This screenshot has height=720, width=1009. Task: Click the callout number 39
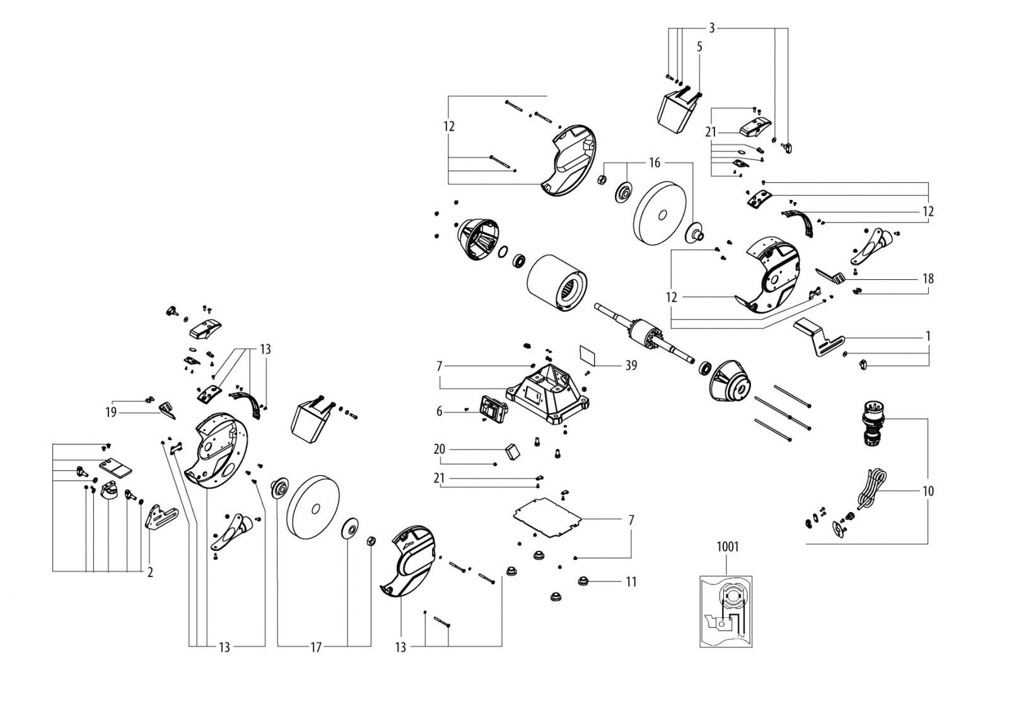[x=631, y=366]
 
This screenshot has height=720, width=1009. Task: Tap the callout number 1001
[x=728, y=547]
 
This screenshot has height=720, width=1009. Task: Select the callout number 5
[x=699, y=47]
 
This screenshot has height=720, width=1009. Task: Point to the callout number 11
[x=631, y=582]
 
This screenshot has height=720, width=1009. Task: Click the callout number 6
[x=439, y=412]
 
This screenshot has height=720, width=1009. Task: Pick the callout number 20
[x=439, y=449]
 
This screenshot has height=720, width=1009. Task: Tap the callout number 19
[x=111, y=412]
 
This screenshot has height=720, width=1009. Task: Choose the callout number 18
[x=928, y=279]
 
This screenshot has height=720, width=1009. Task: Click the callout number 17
[x=316, y=647]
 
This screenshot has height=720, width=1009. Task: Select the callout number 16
[x=655, y=163]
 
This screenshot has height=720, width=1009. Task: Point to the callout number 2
[x=150, y=572]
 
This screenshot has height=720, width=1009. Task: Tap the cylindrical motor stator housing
[x=557, y=283]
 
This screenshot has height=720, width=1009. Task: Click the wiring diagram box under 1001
[x=726, y=611]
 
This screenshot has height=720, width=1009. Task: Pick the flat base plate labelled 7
[x=547, y=518]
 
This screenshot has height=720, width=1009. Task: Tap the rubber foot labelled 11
[x=584, y=581]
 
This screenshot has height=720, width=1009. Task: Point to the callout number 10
[x=928, y=491]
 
